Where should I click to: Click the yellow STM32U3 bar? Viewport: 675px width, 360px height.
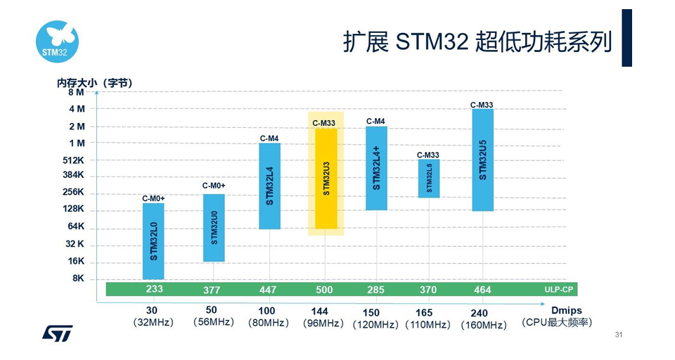pos(326,179)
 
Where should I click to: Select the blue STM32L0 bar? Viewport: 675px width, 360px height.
pos(153,241)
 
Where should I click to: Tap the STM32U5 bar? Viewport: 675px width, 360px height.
pos(482,160)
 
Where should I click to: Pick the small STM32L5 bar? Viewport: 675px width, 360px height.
pos(429,179)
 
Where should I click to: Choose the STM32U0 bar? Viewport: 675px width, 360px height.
pos(214,228)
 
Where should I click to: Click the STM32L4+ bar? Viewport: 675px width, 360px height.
pos(376,168)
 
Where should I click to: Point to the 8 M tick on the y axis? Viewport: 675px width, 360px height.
pos(76,92)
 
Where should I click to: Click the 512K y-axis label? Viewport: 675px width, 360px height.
pos(74,160)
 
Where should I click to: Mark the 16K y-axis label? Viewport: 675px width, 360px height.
pos(76,261)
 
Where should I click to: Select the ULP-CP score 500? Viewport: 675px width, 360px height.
pos(324,290)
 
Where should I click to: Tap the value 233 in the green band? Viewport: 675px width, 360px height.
pos(154,289)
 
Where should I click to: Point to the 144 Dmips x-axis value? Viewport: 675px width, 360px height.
pos(320,311)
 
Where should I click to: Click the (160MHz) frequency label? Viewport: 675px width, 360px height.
pos(484,325)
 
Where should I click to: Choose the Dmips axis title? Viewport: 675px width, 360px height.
pos(566,311)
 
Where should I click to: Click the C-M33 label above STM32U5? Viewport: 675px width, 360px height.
pos(482,105)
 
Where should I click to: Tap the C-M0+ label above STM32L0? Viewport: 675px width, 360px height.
pos(153,199)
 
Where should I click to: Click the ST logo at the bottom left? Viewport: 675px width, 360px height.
pos(57,332)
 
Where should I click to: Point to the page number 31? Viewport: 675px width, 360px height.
pos(619,335)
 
